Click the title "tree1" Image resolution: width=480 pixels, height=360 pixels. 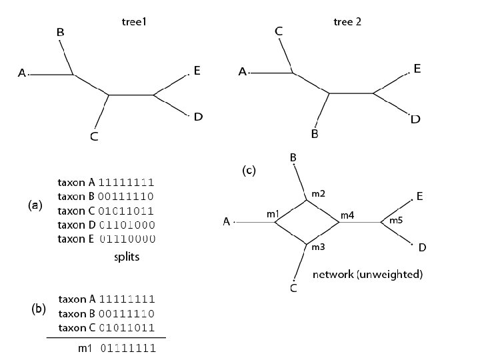click(133, 22)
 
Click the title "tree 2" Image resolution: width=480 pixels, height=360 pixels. click(347, 22)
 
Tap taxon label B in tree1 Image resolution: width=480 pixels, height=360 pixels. click(60, 31)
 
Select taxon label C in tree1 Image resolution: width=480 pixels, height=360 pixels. click(94, 137)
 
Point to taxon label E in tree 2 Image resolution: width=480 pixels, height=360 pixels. click(417, 69)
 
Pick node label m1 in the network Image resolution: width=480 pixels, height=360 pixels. click(272, 214)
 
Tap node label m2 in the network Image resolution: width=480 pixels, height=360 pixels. click(318, 193)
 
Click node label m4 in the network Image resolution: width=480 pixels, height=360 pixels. click(348, 215)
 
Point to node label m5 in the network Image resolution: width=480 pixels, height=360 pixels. click(396, 220)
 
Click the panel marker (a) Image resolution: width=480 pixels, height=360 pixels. click(35, 207)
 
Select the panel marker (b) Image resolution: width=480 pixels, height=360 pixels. click(39, 309)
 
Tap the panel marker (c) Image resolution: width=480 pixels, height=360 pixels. click(248, 171)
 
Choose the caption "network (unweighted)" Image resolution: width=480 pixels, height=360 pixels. click(367, 274)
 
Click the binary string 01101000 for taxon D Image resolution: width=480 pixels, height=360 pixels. click(127, 225)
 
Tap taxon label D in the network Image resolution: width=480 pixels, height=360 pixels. click(422, 248)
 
